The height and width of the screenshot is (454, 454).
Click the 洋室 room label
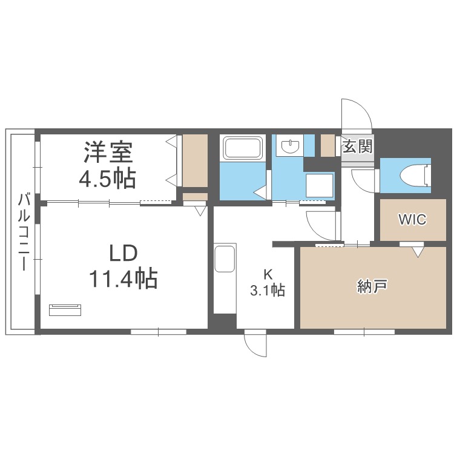point(108,152)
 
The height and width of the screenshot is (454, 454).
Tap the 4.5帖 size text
point(108,178)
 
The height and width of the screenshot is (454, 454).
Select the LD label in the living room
point(123,254)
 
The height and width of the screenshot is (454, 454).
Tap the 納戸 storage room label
point(372,286)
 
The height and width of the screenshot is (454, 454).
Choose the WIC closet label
point(412,219)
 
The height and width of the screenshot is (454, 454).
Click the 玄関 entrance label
point(357,146)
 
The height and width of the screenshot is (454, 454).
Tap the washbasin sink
point(289,145)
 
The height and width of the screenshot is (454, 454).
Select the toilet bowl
point(415,175)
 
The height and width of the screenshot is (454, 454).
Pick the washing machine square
point(320,185)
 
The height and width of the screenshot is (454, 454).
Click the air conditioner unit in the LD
point(65,310)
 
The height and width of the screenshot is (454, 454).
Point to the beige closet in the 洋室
point(195,160)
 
